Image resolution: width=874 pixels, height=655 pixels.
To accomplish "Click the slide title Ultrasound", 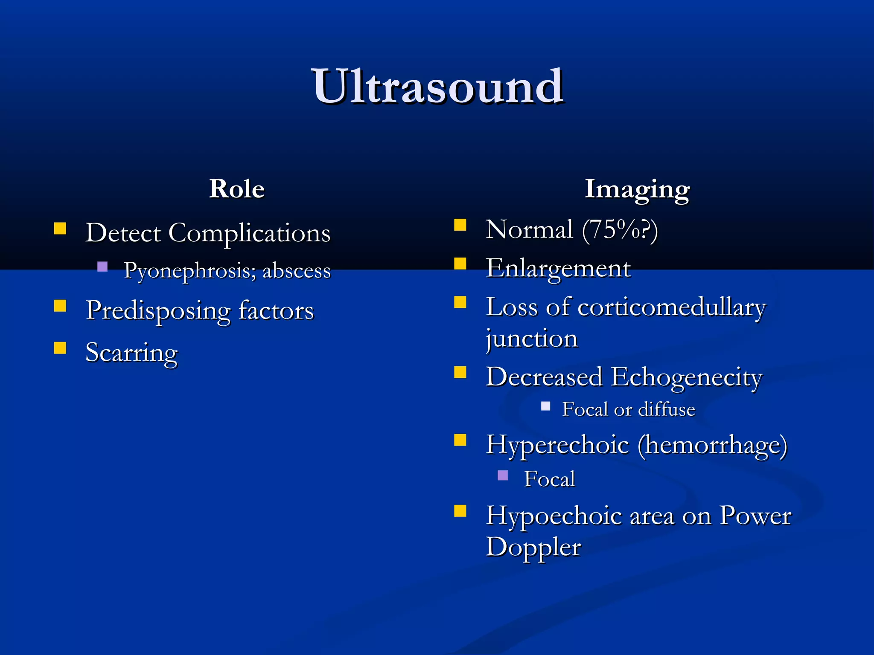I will pos(438,87).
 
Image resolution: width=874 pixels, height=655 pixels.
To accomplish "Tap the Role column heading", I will pos(237,189).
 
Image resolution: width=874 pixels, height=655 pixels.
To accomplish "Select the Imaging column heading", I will pos(637,189).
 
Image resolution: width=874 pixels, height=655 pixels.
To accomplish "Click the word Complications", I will pos(249,234).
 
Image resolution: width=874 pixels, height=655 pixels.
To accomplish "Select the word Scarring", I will pos(131,353).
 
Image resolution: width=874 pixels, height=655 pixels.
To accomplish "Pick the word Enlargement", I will pos(558,269).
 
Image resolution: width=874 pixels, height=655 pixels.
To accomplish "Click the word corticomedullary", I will pos(672,307).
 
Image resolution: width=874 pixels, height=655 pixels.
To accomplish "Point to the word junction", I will pos(532,339).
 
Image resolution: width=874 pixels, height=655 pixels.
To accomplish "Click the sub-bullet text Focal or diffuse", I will pos(629,409).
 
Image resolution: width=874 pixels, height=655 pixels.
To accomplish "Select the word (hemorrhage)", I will pos(713,445).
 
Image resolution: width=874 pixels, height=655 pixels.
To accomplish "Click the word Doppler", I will pos(533,547).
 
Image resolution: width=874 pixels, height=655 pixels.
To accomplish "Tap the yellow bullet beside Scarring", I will pos(60,348).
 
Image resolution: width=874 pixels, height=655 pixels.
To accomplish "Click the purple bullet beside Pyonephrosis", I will pos(102,267).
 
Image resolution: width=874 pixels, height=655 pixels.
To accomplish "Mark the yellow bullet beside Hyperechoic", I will pos(460,440).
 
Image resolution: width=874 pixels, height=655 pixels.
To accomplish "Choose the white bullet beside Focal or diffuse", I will pos(545,406).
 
